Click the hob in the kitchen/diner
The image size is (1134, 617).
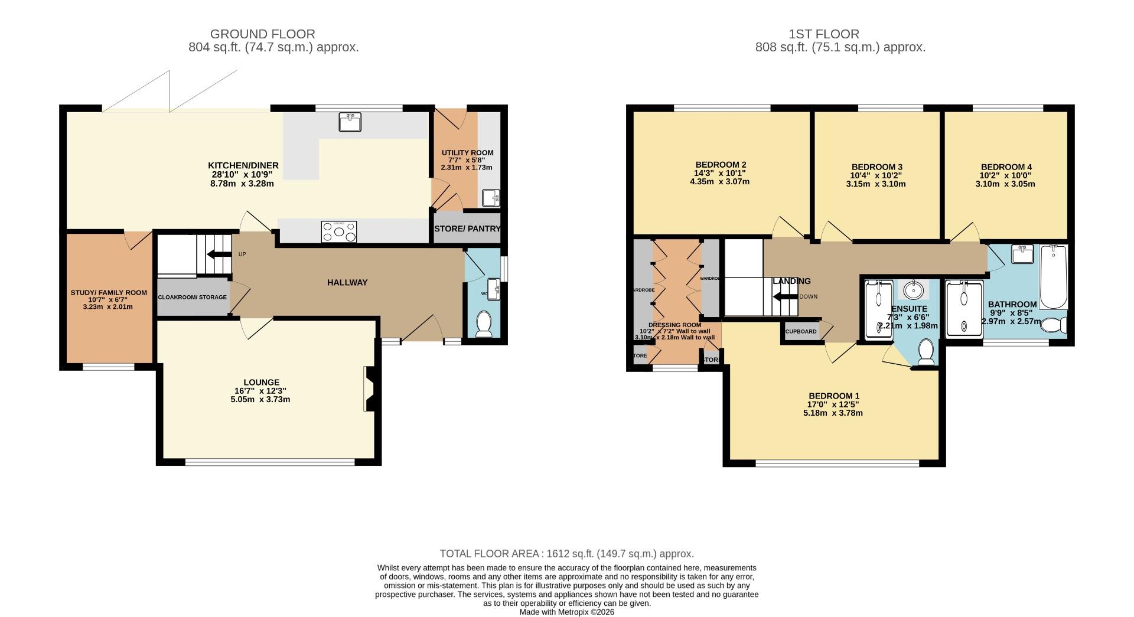coord(339,231)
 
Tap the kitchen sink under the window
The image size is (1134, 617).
coord(350,122)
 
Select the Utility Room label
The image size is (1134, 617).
coord(467,152)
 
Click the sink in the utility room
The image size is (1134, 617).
coord(491,198)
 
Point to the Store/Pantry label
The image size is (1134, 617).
coord(467,228)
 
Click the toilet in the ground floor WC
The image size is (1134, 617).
coord(484,324)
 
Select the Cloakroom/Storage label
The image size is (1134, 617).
coord(192,297)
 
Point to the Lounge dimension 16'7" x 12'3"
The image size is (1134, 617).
coord(260,391)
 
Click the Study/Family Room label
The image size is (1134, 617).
coord(109,292)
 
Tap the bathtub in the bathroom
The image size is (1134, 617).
coord(1053,277)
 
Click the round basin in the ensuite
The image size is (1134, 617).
coord(914,290)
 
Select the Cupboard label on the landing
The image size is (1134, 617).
coord(800,331)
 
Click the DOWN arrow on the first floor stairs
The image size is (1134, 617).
coord(786,296)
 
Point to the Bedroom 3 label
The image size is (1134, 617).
coord(876,167)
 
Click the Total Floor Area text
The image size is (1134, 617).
coord(566,554)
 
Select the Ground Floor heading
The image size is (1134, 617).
coord(262,34)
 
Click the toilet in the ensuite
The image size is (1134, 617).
coord(926,352)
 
